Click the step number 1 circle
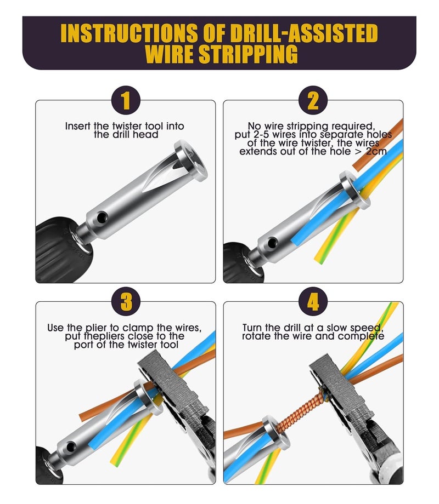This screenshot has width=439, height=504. pyautogui.click(x=126, y=100)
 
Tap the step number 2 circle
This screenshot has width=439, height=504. pyautogui.click(x=313, y=100)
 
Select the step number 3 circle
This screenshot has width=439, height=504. pyautogui.click(x=126, y=301)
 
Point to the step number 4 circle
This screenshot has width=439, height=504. pyautogui.click(x=313, y=301)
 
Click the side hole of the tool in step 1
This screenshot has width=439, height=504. pyautogui.click(x=102, y=217)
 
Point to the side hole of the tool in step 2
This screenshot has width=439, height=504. pyautogui.click(x=272, y=243)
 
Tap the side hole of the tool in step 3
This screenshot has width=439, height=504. pyautogui.click(x=70, y=447)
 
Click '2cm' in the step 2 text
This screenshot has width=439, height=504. pyautogui.click(x=376, y=151)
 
